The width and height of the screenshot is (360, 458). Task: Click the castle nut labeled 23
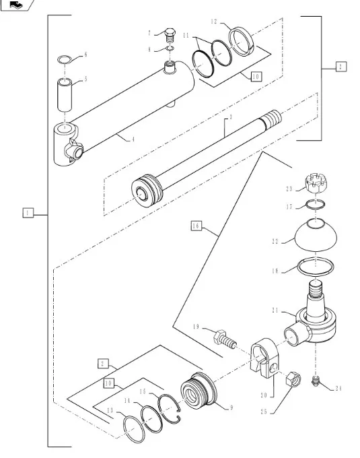click(x=316, y=183)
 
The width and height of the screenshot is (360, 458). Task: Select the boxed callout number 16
click(x=196, y=226)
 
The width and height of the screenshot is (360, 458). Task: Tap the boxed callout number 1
click(x=28, y=213)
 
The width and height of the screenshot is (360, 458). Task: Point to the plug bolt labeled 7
click(x=170, y=35)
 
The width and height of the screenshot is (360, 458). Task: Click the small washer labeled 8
click(x=170, y=48)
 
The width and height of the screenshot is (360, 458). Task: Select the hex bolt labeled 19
click(x=225, y=339)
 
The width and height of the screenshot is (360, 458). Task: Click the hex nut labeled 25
click(x=293, y=379)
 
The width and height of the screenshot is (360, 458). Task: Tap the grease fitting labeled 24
click(x=315, y=381)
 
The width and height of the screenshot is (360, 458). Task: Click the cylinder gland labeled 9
click(x=199, y=390)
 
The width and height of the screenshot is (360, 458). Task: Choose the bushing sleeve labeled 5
click(x=65, y=94)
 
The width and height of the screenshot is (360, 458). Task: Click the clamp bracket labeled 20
click(x=265, y=358)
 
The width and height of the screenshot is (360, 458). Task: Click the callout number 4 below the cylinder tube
click(x=133, y=139)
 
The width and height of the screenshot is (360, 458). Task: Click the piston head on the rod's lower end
click(x=147, y=191)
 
